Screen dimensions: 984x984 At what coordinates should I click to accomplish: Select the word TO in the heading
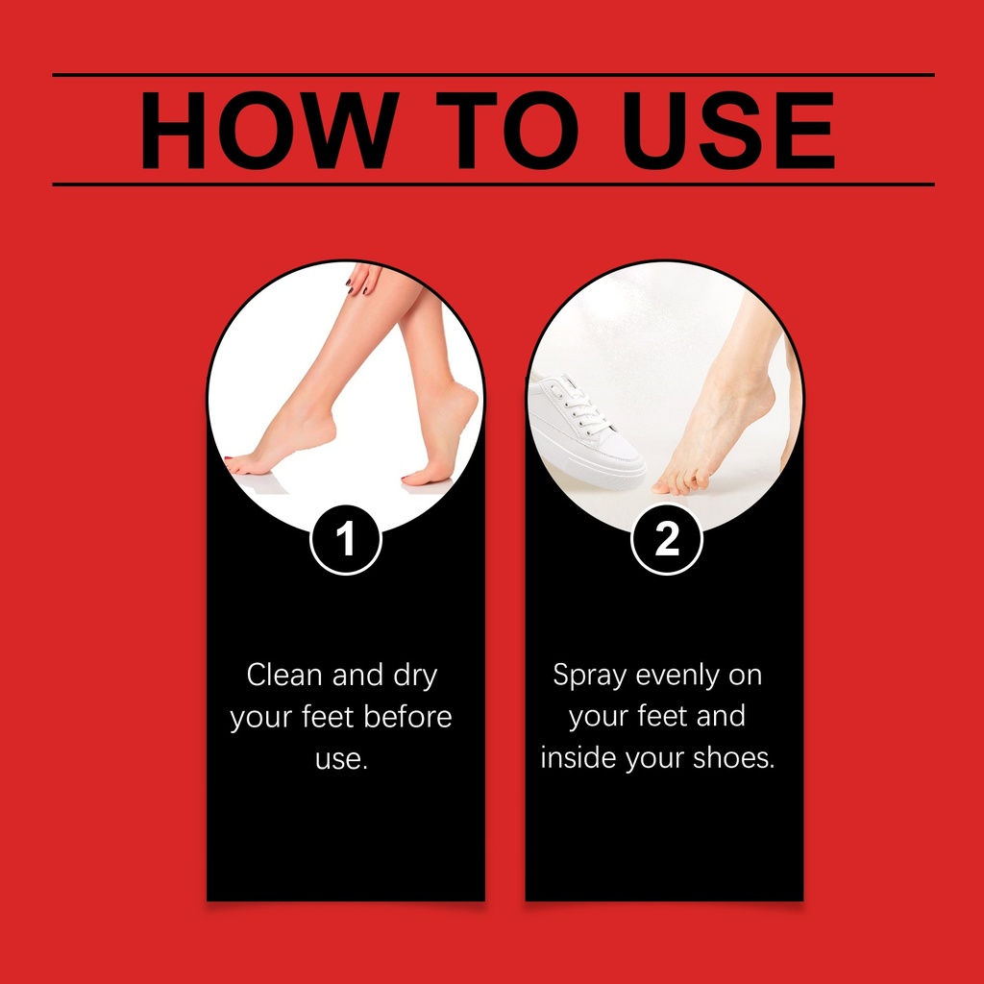[x=507, y=130]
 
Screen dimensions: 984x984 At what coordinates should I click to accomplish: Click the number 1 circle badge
[x=346, y=539]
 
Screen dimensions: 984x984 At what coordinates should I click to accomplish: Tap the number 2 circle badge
[x=667, y=539]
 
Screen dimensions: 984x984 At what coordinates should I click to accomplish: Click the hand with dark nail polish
[x=364, y=280]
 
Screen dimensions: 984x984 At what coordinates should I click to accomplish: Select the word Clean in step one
[x=284, y=676]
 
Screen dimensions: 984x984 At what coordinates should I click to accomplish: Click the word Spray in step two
[x=589, y=676]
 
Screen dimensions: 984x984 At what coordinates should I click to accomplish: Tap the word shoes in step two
[x=733, y=757]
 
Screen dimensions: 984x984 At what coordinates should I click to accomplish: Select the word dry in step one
[x=415, y=676]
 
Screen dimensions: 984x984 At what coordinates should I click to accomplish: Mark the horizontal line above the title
[x=493, y=75]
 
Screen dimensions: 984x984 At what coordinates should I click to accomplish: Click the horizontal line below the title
[x=493, y=184]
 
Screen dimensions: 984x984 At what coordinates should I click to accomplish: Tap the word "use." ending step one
[x=341, y=759]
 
